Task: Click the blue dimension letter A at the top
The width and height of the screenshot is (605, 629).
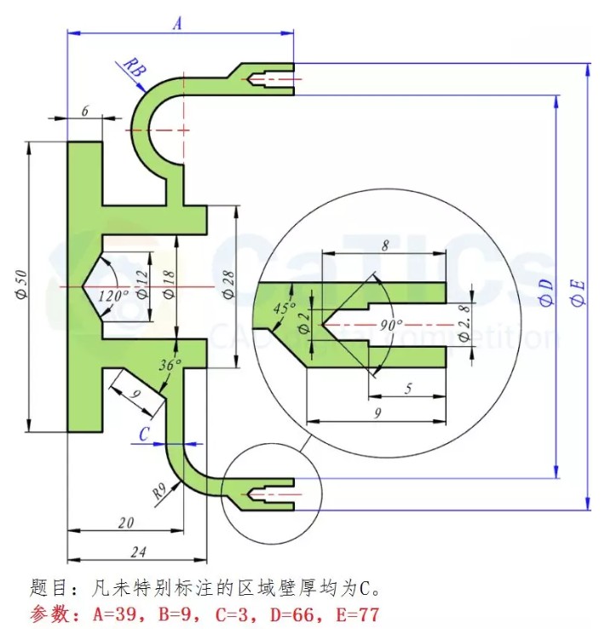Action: point(177,24)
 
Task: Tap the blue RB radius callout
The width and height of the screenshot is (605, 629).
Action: point(132,67)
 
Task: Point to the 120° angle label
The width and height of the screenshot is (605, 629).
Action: point(113,296)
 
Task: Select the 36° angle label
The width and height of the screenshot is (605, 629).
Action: point(170,364)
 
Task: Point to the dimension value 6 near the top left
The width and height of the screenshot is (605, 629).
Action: point(84,112)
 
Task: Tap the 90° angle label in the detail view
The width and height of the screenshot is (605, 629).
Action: point(392,325)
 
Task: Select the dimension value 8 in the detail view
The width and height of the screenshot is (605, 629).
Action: point(385,245)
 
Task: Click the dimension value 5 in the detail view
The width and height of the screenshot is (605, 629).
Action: point(408,389)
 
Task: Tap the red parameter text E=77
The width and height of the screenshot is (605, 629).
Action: point(349,614)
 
